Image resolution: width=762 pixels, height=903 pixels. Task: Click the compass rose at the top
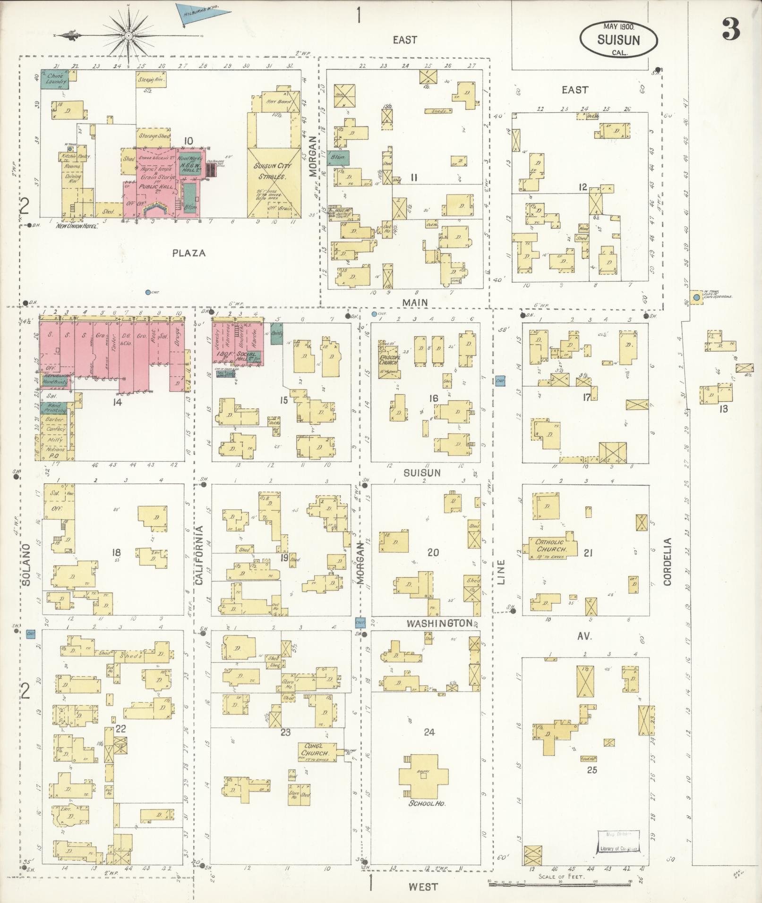point(128,35)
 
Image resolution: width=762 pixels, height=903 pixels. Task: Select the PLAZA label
point(189,253)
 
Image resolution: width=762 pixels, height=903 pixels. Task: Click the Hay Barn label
point(277,101)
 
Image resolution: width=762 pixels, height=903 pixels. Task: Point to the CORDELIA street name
point(667,562)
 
